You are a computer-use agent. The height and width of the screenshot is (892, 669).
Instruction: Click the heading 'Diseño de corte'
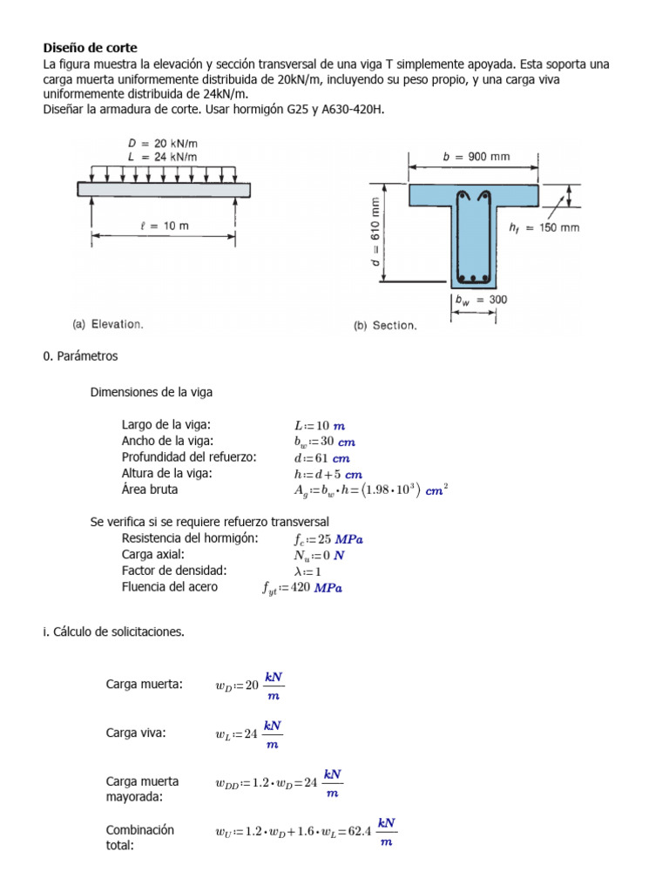91,48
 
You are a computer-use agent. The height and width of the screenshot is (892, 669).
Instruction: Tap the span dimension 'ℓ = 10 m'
164,226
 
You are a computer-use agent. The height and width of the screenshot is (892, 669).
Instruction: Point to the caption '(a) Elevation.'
107,324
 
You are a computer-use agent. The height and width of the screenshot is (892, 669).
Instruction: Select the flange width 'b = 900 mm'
476,158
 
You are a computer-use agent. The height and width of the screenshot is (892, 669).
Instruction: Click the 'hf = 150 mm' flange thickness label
544,227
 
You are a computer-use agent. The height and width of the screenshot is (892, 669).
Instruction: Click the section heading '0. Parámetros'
79,356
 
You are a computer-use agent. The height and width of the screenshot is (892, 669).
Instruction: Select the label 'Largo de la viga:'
166,425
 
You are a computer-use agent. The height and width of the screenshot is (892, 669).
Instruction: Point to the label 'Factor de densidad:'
174,571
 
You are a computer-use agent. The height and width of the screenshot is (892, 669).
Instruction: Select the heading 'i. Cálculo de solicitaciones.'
113,632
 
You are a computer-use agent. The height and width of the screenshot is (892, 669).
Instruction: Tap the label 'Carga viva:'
136,733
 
